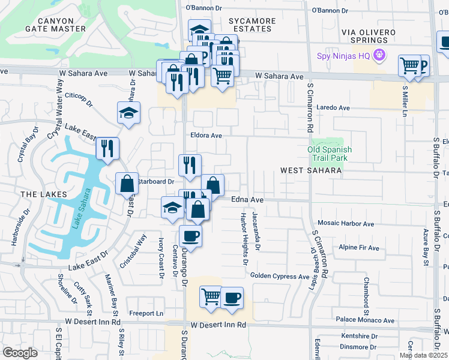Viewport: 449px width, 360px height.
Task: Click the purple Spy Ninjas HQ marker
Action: pos(379,56)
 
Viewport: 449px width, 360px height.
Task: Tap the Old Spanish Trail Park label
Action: pos(330,154)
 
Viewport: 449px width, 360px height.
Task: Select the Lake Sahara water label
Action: pos(82,209)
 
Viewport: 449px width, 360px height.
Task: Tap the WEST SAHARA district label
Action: pos(311,171)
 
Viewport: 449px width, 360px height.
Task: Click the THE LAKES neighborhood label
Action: pos(38,195)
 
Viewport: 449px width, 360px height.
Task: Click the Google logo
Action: pos(20,352)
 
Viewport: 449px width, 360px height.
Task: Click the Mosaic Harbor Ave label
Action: pos(346,224)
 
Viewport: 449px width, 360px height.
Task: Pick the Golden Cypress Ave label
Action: pos(280,276)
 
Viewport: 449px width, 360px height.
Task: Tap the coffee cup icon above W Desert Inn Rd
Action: pos(232,297)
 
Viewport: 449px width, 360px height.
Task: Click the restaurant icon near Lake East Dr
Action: pos(107,148)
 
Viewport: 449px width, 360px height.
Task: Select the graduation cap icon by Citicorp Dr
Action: pos(128,113)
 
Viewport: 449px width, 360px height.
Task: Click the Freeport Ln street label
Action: pos(146,313)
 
